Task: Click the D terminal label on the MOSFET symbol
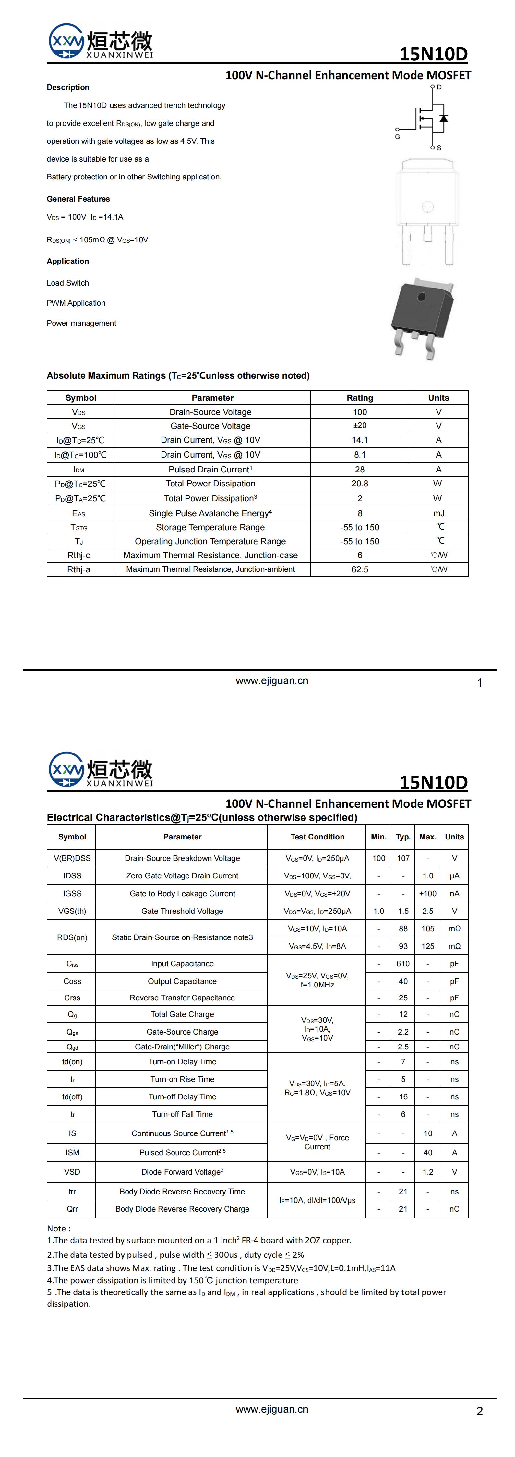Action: coord(439,87)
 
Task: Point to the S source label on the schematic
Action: coord(439,148)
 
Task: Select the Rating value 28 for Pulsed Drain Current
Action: coord(360,470)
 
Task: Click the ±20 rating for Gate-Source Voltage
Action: coord(360,426)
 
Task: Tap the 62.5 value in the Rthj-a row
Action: coord(360,569)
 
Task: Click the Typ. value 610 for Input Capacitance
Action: coord(403,964)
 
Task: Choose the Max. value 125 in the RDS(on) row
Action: coord(428,946)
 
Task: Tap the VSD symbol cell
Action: coord(72,1172)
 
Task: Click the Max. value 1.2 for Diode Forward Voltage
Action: coord(428,1172)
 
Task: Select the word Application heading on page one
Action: coord(68,261)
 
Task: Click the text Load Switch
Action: coord(68,283)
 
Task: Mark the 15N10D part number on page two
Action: coord(434,782)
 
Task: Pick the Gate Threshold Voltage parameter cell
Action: coord(182,911)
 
